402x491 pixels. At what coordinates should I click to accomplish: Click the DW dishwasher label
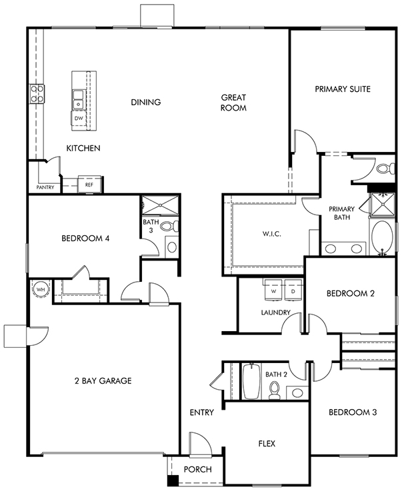79,119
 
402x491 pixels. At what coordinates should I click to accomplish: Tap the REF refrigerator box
89,185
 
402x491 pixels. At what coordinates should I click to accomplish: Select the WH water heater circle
41,290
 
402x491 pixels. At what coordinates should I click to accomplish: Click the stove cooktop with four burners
37,94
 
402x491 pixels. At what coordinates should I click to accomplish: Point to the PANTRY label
45,187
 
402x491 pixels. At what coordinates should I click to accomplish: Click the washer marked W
273,290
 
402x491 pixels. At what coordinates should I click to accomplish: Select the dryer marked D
293,290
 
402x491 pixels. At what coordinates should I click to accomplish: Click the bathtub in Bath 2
251,381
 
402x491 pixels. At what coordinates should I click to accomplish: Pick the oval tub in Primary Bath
382,237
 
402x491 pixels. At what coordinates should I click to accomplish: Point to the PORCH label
198,470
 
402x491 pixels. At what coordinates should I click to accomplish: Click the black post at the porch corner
173,480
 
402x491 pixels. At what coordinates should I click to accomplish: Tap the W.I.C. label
271,234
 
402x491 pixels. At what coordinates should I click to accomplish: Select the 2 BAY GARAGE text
103,381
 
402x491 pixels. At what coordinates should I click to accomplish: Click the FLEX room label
267,444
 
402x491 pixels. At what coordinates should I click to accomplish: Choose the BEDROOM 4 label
85,239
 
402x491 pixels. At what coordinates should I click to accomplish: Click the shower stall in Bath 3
160,205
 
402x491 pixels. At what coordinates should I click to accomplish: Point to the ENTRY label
202,412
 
